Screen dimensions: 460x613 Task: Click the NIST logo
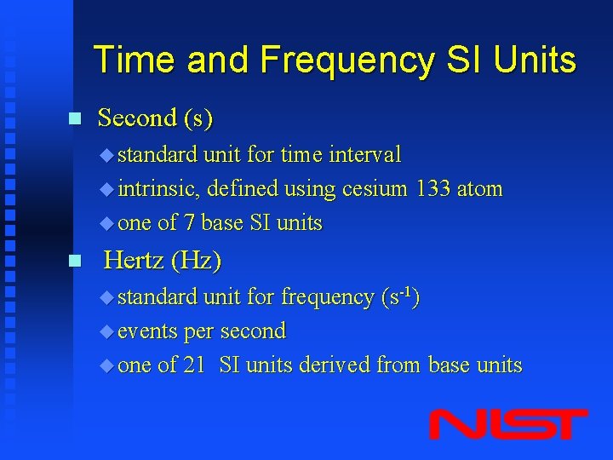(x=508, y=423)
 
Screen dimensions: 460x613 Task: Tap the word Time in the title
(x=136, y=60)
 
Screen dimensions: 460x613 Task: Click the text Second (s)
(x=155, y=118)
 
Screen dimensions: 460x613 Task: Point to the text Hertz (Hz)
(x=162, y=261)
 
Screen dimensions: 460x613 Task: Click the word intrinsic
(x=158, y=188)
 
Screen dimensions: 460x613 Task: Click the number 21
(x=193, y=365)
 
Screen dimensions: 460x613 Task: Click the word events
(x=146, y=331)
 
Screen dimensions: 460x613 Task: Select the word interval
(x=364, y=154)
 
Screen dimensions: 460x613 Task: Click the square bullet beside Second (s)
(x=74, y=118)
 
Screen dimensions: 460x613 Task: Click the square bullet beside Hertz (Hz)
(x=74, y=261)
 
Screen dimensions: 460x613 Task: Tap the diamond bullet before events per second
(x=106, y=331)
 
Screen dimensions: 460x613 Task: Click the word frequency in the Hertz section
(x=327, y=296)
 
